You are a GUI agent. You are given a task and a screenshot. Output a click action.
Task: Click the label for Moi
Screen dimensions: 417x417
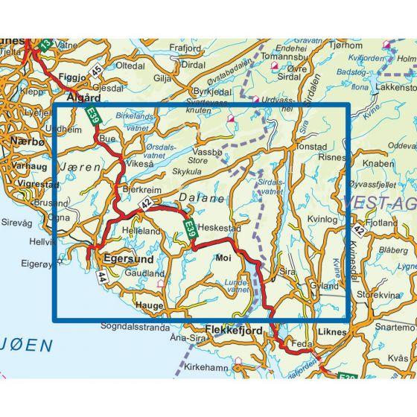(x=223, y=260)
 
